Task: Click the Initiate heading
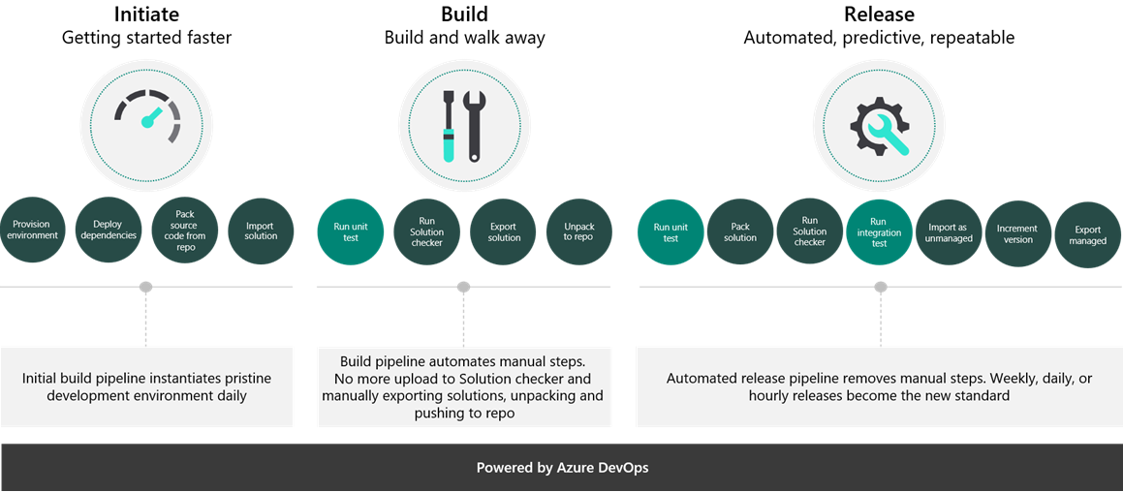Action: [146, 14]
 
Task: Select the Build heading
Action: [464, 14]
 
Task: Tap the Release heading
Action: [879, 14]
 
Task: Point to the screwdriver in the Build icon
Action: [449, 126]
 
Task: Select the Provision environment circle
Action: [32, 231]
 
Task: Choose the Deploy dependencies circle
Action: [109, 231]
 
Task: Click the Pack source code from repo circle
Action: [185, 231]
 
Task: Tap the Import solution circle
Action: [261, 231]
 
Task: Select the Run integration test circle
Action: [879, 232]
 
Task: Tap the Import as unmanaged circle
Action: [949, 233]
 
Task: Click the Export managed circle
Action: [1087, 235]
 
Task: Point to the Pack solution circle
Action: [739, 232]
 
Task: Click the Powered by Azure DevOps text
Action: [562, 468]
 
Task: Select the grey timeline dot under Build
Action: [463, 287]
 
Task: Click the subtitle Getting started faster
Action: [146, 38]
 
